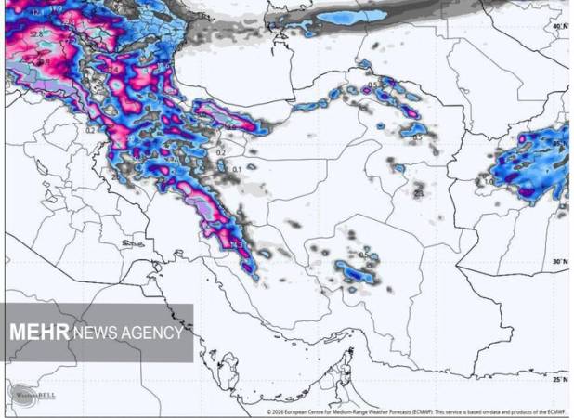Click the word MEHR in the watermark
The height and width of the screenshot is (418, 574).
[39, 333]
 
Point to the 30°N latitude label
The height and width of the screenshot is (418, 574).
[558, 262]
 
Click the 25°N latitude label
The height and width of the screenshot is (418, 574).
[559, 379]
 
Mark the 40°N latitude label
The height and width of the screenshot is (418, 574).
[558, 27]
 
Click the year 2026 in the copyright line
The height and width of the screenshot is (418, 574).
[279, 411]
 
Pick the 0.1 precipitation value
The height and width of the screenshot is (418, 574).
[237, 169]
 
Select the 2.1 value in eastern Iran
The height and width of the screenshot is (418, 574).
[419, 193]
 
